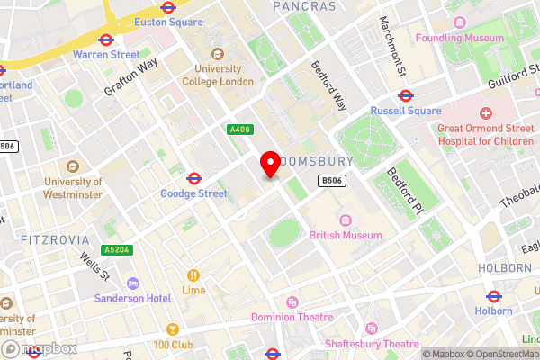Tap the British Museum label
coord(345,235)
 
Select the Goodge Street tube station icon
coord(193,177)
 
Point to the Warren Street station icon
coord(105,40)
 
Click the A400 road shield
coord(239,130)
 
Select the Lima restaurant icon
coord(193,274)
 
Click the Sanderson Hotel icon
coord(133,283)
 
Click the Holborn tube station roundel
coord(493,296)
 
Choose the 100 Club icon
coord(173,329)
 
